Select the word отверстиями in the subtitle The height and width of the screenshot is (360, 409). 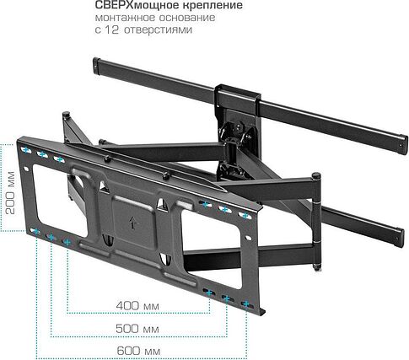pyautogui.click(x=158, y=30)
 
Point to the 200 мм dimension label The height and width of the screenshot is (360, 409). pyautogui.click(x=10, y=192)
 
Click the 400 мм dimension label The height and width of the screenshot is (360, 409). pyautogui.click(x=137, y=305)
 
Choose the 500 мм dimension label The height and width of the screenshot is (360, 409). pyautogui.click(x=137, y=329)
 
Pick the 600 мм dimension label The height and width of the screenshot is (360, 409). pyautogui.click(x=138, y=351)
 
